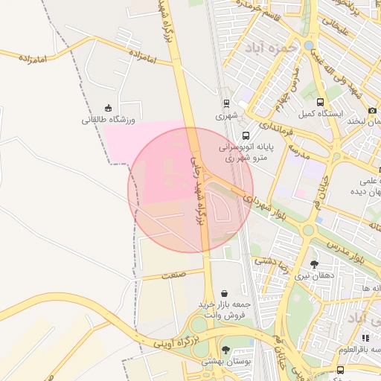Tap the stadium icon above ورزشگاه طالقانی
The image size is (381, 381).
[x=109, y=107]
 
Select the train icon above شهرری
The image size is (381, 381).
[x=225, y=103]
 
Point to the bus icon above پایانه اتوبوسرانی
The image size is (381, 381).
[x=246, y=135]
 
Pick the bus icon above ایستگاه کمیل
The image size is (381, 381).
[x=320, y=103]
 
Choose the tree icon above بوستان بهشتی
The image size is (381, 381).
[x=226, y=350]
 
